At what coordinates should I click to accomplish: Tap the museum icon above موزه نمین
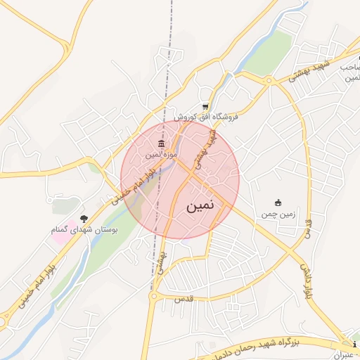click(x=162, y=145)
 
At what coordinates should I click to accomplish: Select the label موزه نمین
click(x=161, y=154)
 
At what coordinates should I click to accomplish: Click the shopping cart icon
click(x=205, y=107)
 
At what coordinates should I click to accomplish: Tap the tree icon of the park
click(x=84, y=219)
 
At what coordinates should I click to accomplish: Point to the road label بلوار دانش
click(x=307, y=279)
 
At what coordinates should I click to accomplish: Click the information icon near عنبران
click(x=355, y=345)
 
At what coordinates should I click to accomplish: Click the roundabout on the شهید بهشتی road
click(x=269, y=82)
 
